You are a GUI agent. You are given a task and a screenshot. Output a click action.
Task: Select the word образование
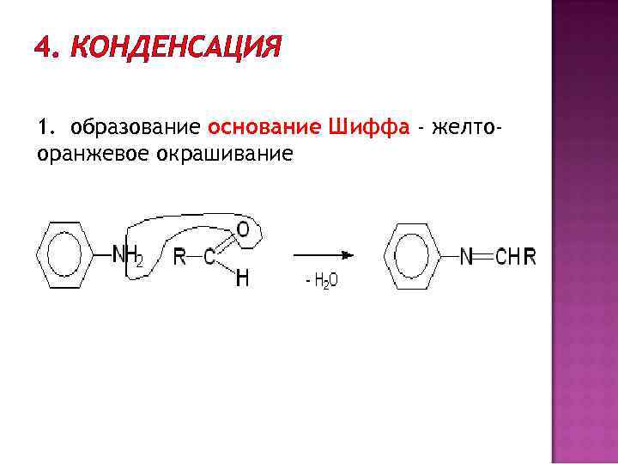(136, 129)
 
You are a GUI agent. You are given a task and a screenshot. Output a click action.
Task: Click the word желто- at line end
(467, 129)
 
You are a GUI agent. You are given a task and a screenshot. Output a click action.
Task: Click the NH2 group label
(129, 255)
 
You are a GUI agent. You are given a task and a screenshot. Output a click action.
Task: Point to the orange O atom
(243, 229)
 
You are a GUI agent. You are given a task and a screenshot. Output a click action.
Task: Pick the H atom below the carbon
(243, 279)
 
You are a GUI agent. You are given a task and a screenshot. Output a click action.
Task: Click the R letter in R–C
(179, 257)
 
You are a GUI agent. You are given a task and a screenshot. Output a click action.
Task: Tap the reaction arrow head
(349, 255)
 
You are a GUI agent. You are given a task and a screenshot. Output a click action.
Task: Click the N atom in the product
(466, 257)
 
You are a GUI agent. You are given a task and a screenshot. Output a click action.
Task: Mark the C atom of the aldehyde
(209, 257)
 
